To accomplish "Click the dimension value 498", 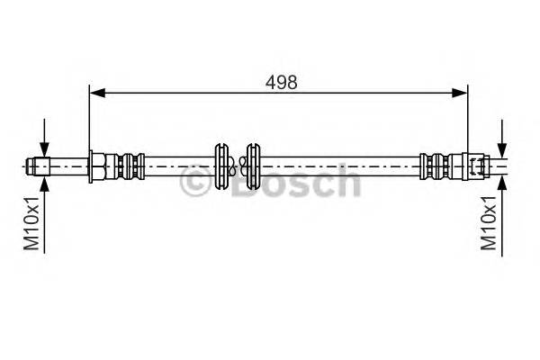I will coord(281,80).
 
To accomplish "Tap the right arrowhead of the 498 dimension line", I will coord(462,91).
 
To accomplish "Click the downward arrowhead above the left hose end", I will coord(44,152).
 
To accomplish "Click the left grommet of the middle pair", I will coord(222,166).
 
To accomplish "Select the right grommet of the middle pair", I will coord(254,166).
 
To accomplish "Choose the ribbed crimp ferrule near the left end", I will coord(128,166).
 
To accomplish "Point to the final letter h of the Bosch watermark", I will coord(346,184).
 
